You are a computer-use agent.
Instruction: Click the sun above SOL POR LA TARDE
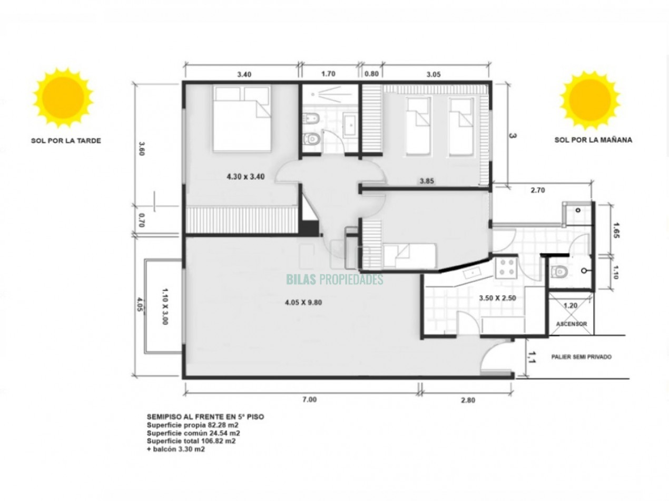click(63, 98)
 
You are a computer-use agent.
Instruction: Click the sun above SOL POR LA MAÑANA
click(590, 100)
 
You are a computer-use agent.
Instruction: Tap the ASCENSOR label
click(571, 324)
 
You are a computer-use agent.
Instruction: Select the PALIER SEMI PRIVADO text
click(581, 357)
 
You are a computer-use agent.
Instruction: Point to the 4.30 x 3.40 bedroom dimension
click(245, 177)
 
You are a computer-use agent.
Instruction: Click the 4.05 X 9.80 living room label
click(303, 303)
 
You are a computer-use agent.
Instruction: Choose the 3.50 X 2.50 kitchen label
click(497, 298)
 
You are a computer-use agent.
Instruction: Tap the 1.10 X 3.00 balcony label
click(164, 306)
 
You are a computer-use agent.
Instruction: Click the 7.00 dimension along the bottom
click(309, 399)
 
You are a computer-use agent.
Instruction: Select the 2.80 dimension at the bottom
click(468, 400)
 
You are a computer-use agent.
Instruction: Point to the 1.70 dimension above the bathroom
click(328, 74)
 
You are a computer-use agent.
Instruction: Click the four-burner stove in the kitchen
click(506, 268)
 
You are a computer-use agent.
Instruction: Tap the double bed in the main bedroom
click(242, 118)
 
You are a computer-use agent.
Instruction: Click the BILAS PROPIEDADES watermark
click(334, 279)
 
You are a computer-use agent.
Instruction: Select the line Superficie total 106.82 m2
click(191, 441)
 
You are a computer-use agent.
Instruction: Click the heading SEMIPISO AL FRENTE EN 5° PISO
click(205, 417)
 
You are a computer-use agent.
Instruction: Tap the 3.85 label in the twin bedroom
click(427, 181)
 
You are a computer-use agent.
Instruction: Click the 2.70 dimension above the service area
click(538, 190)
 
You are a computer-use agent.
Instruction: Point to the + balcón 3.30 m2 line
click(176, 449)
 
